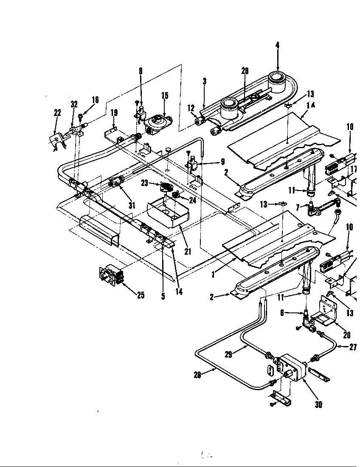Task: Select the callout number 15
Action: tap(165, 96)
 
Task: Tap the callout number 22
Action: tap(57, 113)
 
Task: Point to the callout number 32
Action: tap(74, 104)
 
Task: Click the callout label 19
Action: tap(114, 113)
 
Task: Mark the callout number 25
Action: tap(141, 295)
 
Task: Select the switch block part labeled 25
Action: tap(111, 274)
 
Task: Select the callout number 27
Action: tap(353, 346)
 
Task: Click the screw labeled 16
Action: tap(80, 115)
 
